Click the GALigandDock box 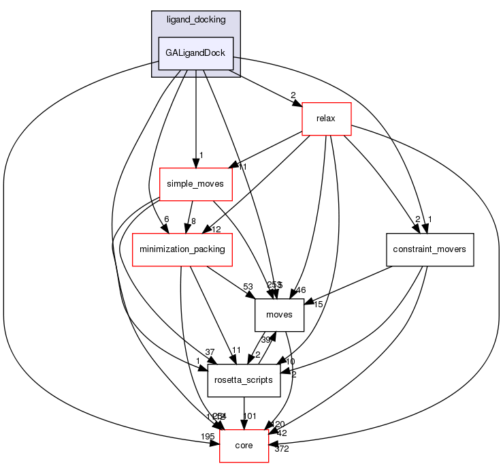click(x=195, y=53)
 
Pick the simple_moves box click(x=195, y=184)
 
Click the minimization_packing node click(x=182, y=249)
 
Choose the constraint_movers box click(x=429, y=249)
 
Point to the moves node click(x=279, y=314)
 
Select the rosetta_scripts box click(x=244, y=379)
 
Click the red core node click(x=244, y=445)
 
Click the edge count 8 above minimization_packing click(x=193, y=220)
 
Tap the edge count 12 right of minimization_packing click(x=217, y=229)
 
